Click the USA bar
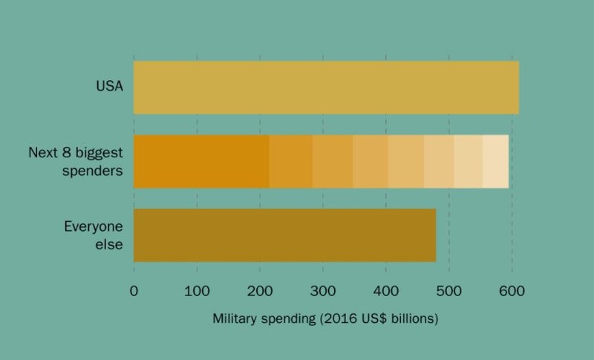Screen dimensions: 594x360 326,88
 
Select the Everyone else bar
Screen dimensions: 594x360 285,235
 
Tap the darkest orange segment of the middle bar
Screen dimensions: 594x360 201,161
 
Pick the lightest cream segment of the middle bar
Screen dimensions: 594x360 495,161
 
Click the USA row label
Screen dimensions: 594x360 109,86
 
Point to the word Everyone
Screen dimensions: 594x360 94,226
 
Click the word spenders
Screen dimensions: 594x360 92,171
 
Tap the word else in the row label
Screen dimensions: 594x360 109,244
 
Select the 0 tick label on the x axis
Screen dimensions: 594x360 134,291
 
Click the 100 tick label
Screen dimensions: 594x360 197,291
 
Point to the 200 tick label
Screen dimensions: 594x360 260,291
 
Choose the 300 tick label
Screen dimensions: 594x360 323,291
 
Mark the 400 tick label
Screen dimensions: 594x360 386,291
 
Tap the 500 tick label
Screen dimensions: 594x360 449,291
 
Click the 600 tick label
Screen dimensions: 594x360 512,291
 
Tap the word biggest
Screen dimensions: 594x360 99,154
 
